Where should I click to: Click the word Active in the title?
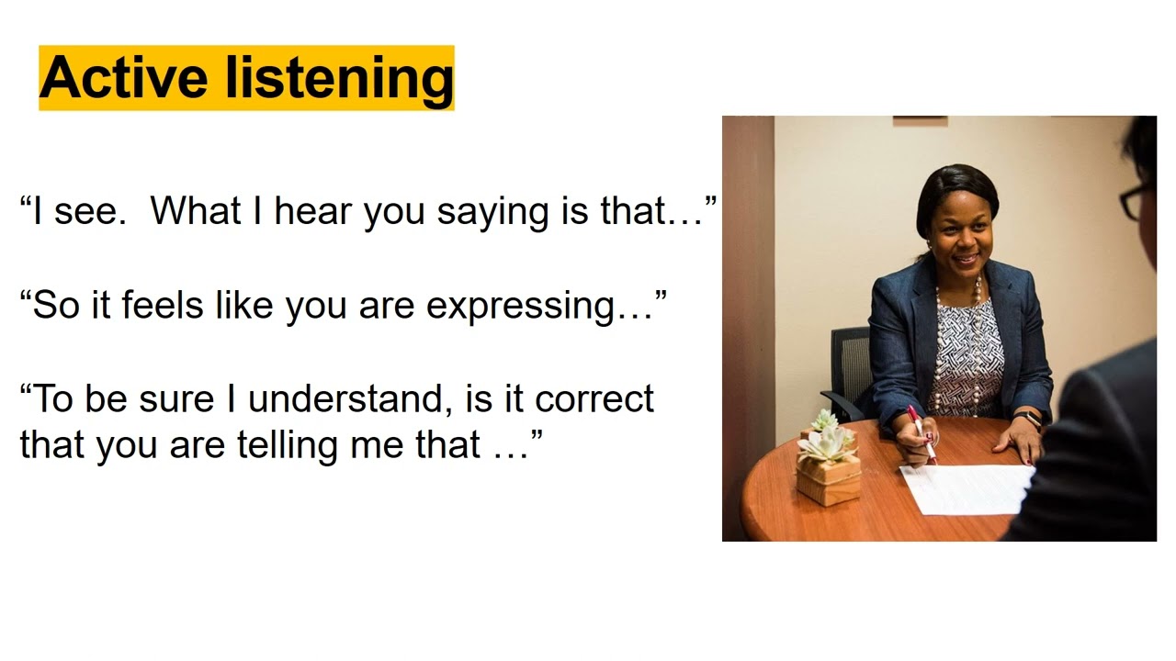click(122, 78)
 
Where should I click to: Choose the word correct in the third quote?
click(594, 400)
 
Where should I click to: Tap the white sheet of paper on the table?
click(965, 487)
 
